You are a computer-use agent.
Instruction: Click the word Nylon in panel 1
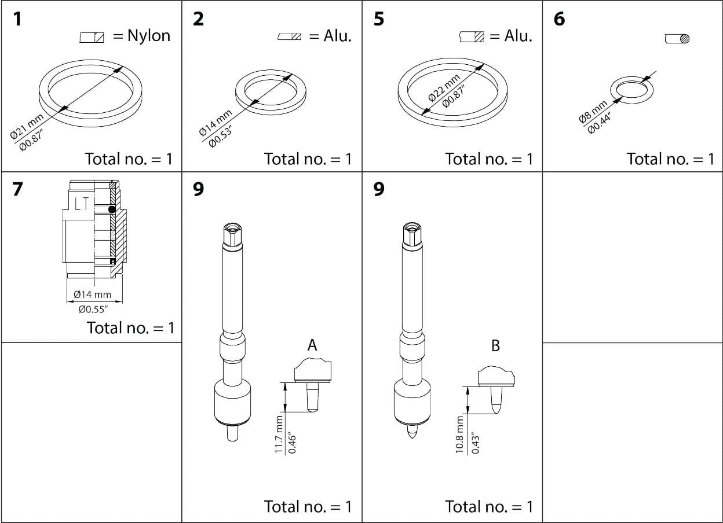[149, 36]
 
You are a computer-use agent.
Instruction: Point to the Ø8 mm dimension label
[593, 112]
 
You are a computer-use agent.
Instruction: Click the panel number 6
[559, 19]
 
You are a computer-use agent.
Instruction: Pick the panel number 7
[18, 189]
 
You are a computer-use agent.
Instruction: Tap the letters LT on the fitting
[81, 203]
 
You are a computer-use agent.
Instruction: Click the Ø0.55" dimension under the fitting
[94, 309]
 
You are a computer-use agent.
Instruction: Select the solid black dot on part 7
[112, 209]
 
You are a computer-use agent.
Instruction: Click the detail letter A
[312, 345]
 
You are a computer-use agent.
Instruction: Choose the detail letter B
[495, 345]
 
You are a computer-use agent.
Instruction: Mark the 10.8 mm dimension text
[461, 434]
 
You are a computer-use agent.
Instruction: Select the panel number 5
[379, 19]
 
